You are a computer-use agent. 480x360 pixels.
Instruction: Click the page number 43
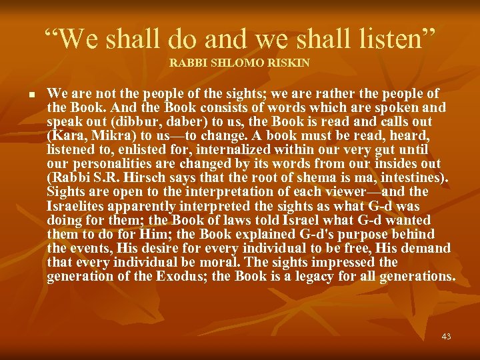(x=446, y=337)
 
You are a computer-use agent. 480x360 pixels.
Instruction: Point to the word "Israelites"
(x=76, y=206)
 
